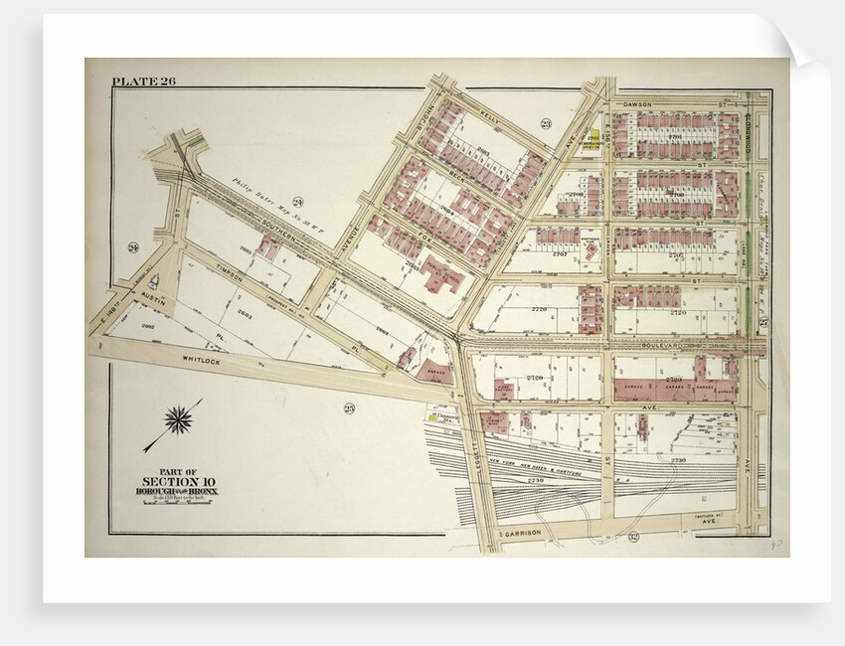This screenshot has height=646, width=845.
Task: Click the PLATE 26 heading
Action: [x=144, y=81]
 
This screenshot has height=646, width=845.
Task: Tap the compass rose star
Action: [x=179, y=419]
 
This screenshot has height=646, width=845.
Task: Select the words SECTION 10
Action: [x=177, y=481]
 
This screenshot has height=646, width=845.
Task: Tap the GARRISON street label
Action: [x=521, y=534]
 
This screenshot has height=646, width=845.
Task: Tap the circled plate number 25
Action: [x=350, y=408]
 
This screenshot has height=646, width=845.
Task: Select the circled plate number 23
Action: [x=546, y=123]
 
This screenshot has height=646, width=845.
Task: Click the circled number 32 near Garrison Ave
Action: [x=632, y=537]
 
